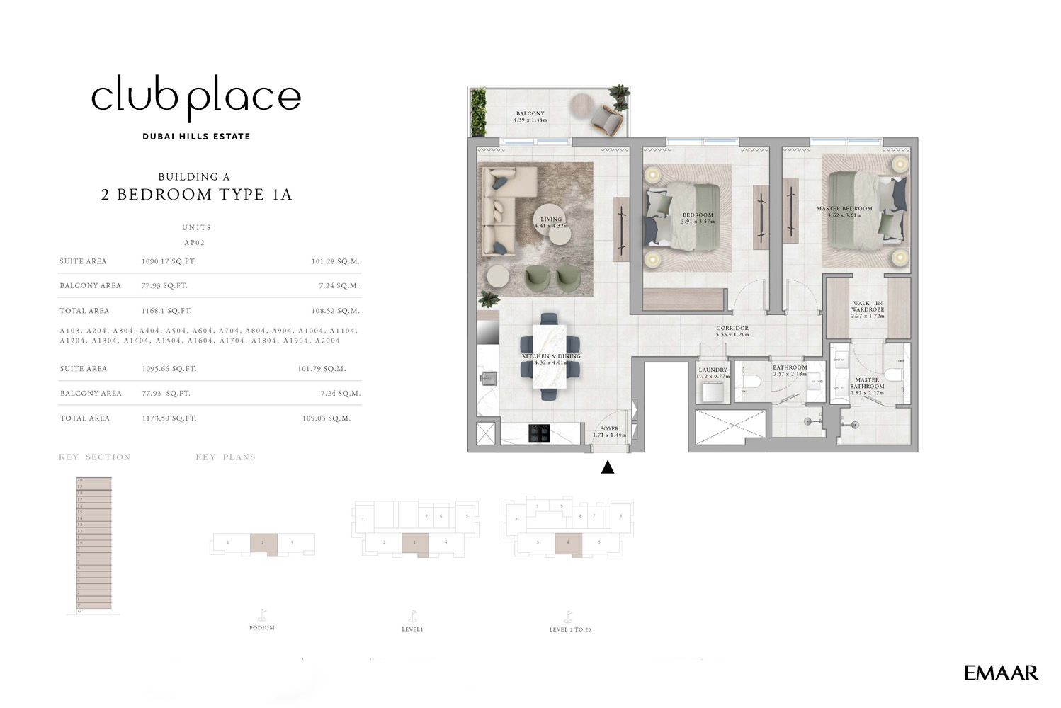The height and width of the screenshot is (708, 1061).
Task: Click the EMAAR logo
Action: point(1000,673)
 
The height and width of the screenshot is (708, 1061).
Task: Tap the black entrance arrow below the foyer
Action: point(607,467)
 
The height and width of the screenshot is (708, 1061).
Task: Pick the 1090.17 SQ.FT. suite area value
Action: point(169,261)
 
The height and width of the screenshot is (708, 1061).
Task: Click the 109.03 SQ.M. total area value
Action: point(326,418)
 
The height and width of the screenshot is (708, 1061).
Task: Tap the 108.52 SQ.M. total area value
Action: point(335,311)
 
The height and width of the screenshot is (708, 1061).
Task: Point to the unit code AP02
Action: point(195,243)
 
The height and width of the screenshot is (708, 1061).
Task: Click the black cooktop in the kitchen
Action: point(539,433)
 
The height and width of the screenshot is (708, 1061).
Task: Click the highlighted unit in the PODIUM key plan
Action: point(263,544)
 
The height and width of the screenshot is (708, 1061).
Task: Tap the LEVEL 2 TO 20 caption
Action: point(569,629)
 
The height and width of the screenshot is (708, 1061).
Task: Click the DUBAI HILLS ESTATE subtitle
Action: point(196,137)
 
